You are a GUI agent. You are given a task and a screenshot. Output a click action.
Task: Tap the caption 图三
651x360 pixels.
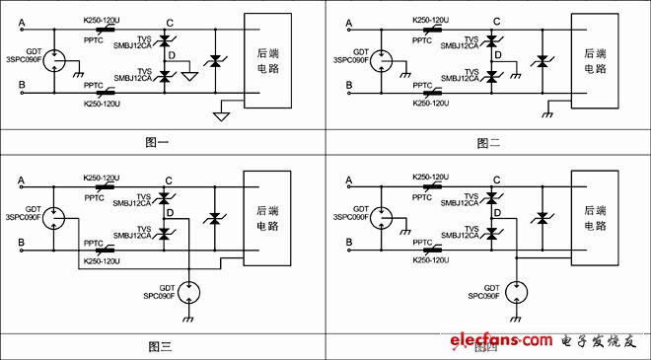(160, 346)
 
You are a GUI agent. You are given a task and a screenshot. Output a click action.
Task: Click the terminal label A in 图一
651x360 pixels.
(23, 21)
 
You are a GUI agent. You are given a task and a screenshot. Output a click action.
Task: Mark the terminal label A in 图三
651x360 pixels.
(23, 180)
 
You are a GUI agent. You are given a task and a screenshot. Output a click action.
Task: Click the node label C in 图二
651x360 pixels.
(495, 21)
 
